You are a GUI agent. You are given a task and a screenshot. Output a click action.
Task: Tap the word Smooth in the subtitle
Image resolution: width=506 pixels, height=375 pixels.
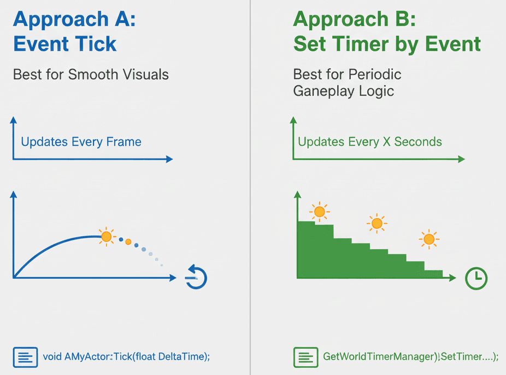tap(93, 74)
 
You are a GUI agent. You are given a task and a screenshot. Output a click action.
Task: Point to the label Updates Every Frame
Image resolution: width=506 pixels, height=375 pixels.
tap(81, 142)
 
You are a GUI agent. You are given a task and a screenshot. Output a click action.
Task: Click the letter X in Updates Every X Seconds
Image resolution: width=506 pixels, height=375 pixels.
tap(386, 142)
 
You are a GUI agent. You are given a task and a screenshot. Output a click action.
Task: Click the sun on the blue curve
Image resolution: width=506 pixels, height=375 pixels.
tap(106, 237)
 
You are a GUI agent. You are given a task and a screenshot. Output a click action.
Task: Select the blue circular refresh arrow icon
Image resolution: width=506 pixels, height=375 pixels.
tap(196, 277)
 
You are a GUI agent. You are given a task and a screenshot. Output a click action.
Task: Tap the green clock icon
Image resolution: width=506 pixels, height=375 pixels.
tap(476, 278)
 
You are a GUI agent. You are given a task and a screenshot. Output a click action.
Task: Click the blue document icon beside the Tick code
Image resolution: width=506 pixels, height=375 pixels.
tap(26, 358)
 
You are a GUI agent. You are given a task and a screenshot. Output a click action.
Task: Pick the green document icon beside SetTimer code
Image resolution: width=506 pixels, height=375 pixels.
tap(305, 358)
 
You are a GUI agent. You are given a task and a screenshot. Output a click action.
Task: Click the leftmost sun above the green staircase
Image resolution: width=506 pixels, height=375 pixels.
tap(320, 212)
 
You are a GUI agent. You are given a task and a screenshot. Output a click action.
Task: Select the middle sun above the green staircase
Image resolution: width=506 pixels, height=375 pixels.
tap(377, 223)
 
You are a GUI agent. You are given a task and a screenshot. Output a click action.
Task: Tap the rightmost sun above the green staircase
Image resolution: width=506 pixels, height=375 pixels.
tap(429, 239)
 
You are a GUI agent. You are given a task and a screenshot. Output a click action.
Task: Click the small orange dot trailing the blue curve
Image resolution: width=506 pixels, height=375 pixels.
tap(128, 242)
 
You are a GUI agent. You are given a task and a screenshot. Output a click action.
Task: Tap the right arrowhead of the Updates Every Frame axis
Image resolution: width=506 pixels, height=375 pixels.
tap(169, 159)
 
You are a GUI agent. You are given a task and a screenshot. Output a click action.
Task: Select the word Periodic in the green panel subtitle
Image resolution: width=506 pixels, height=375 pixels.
tap(375, 74)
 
